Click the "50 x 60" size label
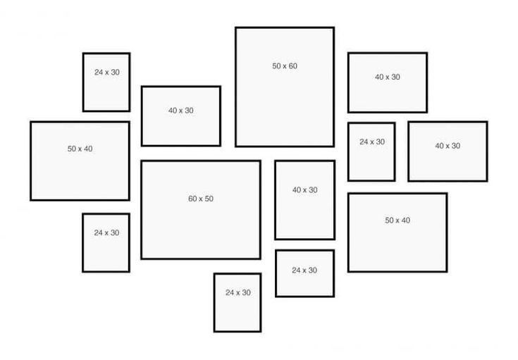tap(285, 66)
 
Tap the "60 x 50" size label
tap(201, 199)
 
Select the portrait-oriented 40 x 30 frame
tap(304, 200)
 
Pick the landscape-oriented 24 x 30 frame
tap(304, 273)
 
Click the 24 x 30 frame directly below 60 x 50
tap(238, 302)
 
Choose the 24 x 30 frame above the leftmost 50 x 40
tap(106, 82)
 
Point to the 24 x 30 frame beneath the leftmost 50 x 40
tap(106, 242)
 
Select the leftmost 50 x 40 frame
tap(80, 161)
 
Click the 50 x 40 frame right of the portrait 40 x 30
tap(397, 232)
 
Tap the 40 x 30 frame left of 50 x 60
tap(181, 116)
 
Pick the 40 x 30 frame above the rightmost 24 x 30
tap(388, 82)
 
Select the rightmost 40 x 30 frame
tap(448, 151)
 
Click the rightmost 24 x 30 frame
tap(371, 151)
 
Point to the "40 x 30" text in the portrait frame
tap(304, 190)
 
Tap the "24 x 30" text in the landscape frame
tap(304, 271)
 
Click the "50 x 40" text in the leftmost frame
tap(80, 149)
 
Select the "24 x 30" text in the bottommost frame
tap(238, 292)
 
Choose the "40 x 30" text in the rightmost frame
tap(448, 147)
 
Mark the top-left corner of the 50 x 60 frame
tap(236, 28)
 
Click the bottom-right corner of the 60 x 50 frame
tap(260, 259)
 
